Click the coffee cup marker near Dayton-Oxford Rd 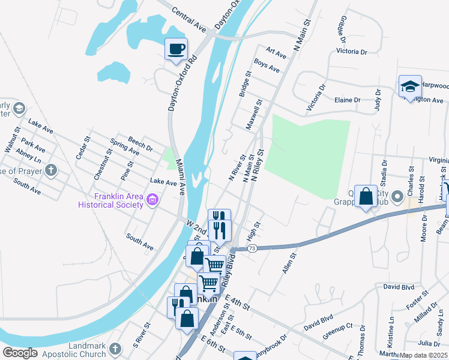point(176,49)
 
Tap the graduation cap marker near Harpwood point(410,86)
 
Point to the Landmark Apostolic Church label point(79,350)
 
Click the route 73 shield point(252,248)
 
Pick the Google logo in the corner point(20,353)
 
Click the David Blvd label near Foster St point(399,287)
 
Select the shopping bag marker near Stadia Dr point(366,196)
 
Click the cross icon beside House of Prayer point(50,170)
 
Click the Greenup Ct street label point(337,331)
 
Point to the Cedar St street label point(83,148)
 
